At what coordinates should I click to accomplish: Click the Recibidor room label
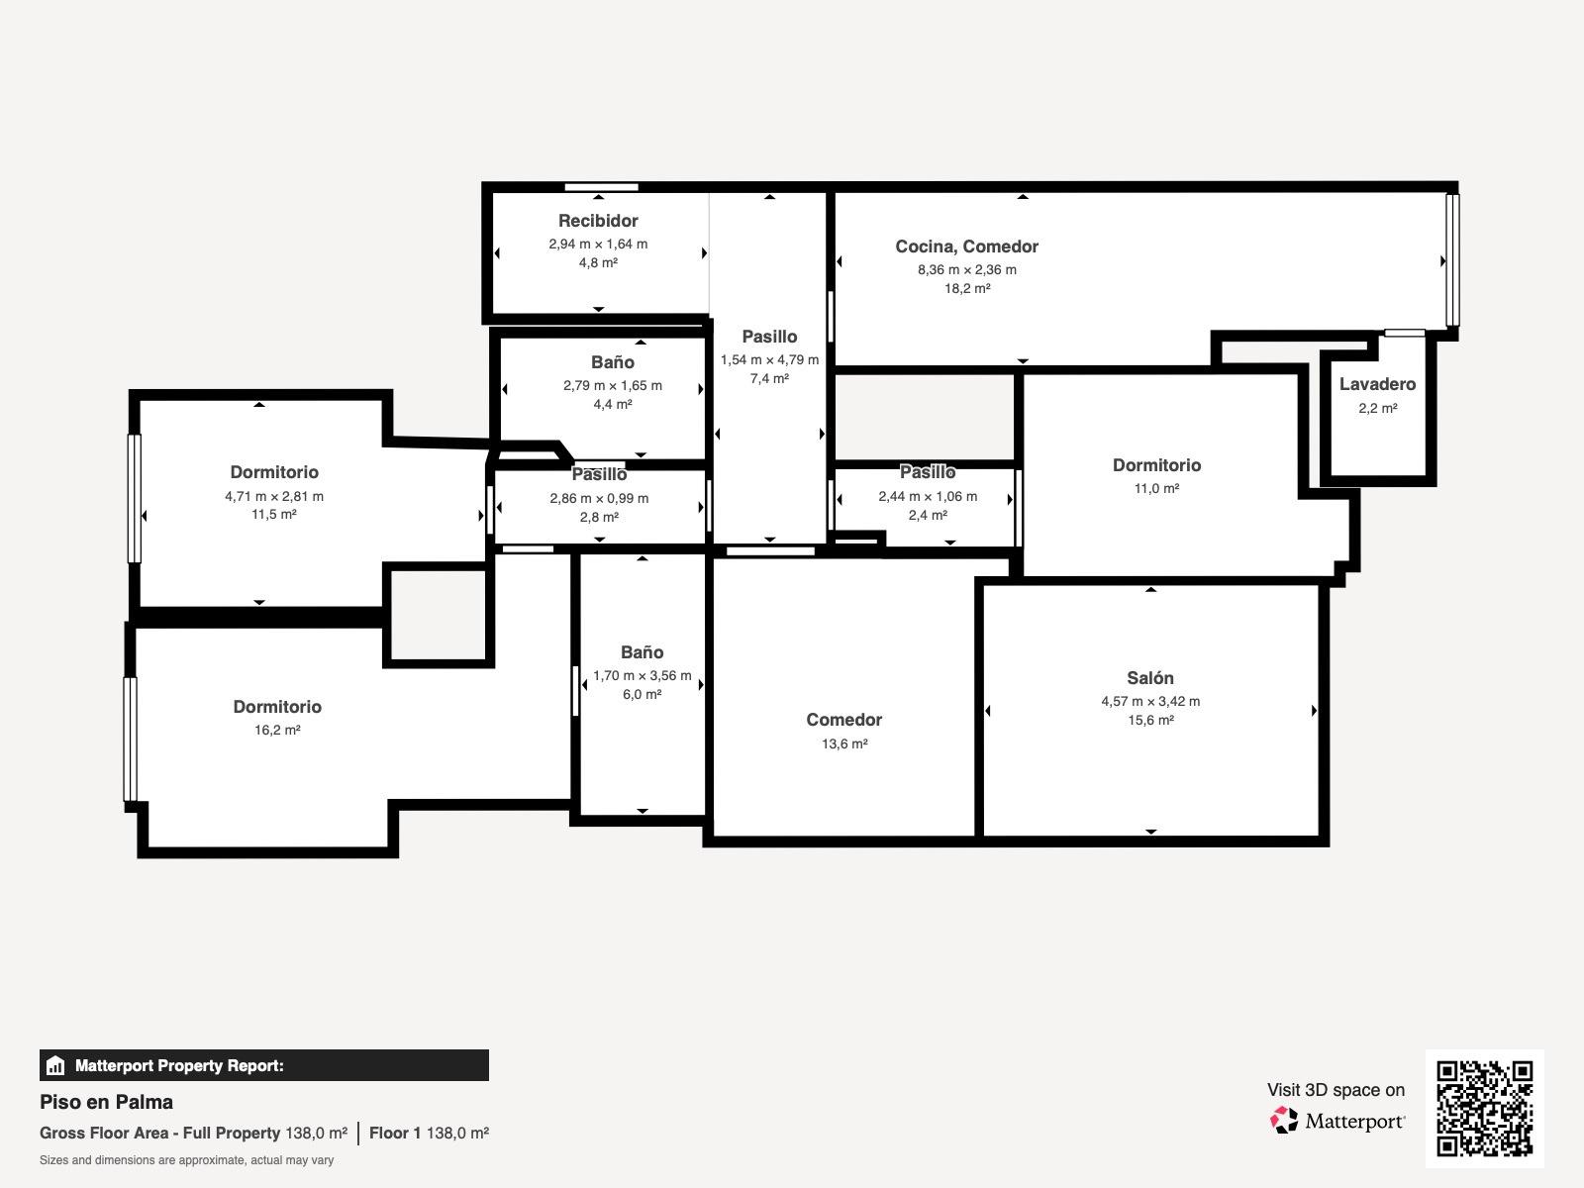pyautogui.click(x=598, y=221)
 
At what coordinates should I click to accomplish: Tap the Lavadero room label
pyautogui.click(x=1377, y=384)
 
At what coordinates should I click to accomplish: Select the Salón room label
pyautogui.click(x=1150, y=678)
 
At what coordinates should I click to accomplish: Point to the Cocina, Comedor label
pyautogui.click(x=966, y=247)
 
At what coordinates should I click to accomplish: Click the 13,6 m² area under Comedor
pyautogui.click(x=844, y=743)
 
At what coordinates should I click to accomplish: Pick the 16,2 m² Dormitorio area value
pyautogui.click(x=277, y=730)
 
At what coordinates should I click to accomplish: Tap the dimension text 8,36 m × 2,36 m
pyautogui.click(x=967, y=269)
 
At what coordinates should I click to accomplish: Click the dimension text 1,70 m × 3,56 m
pyautogui.click(x=642, y=676)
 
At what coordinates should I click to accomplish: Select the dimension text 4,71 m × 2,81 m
pyautogui.click(x=274, y=496)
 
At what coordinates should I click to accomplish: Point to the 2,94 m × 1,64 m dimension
pyautogui.click(x=598, y=244)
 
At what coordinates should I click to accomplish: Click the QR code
pyautogui.click(x=1484, y=1108)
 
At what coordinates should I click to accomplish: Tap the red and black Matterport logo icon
pyautogui.click(x=1284, y=1121)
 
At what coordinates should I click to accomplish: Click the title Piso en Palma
pyautogui.click(x=106, y=1102)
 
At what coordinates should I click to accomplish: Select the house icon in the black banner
pyautogui.click(x=54, y=1065)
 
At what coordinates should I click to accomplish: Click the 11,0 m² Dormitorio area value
pyautogui.click(x=1156, y=488)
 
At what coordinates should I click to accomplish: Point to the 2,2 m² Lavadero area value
pyautogui.click(x=1378, y=408)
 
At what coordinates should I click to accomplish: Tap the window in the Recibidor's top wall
pyautogui.click(x=601, y=187)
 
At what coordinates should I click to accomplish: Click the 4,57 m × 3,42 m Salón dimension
pyautogui.click(x=1150, y=701)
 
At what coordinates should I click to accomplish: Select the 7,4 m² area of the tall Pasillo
pyautogui.click(x=769, y=379)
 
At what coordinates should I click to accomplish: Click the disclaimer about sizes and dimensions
pyautogui.click(x=186, y=1160)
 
